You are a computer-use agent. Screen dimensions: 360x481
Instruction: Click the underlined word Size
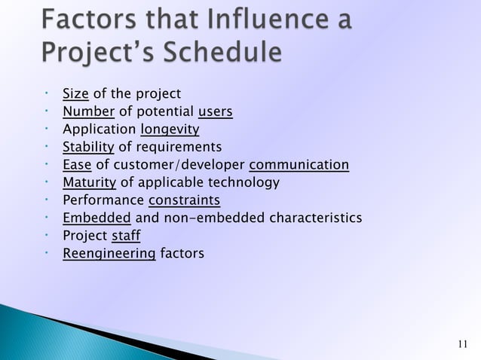tap(75, 94)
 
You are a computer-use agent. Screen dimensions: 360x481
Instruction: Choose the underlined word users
tap(215, 112)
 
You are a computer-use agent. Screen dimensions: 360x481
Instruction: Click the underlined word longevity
tap(170, 130)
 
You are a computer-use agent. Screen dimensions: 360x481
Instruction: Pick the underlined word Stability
tap(88, 147)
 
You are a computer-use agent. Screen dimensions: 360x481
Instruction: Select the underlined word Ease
tap(76, 165)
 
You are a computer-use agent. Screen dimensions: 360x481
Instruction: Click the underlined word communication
tap(299, 165)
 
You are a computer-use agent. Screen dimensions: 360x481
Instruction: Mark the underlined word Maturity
tap(89, 182)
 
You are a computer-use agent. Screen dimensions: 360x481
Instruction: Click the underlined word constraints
tap(184, 200)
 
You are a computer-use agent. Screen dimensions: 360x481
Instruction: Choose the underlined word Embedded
tap(97, 218)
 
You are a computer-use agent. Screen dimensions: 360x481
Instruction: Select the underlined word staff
tap(126, 236)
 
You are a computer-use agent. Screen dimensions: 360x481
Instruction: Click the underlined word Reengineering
tap(109, 254)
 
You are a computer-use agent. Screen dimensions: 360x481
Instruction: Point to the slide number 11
tap(463, 345)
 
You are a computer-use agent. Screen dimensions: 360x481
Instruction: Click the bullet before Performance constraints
tap(47, 200)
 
